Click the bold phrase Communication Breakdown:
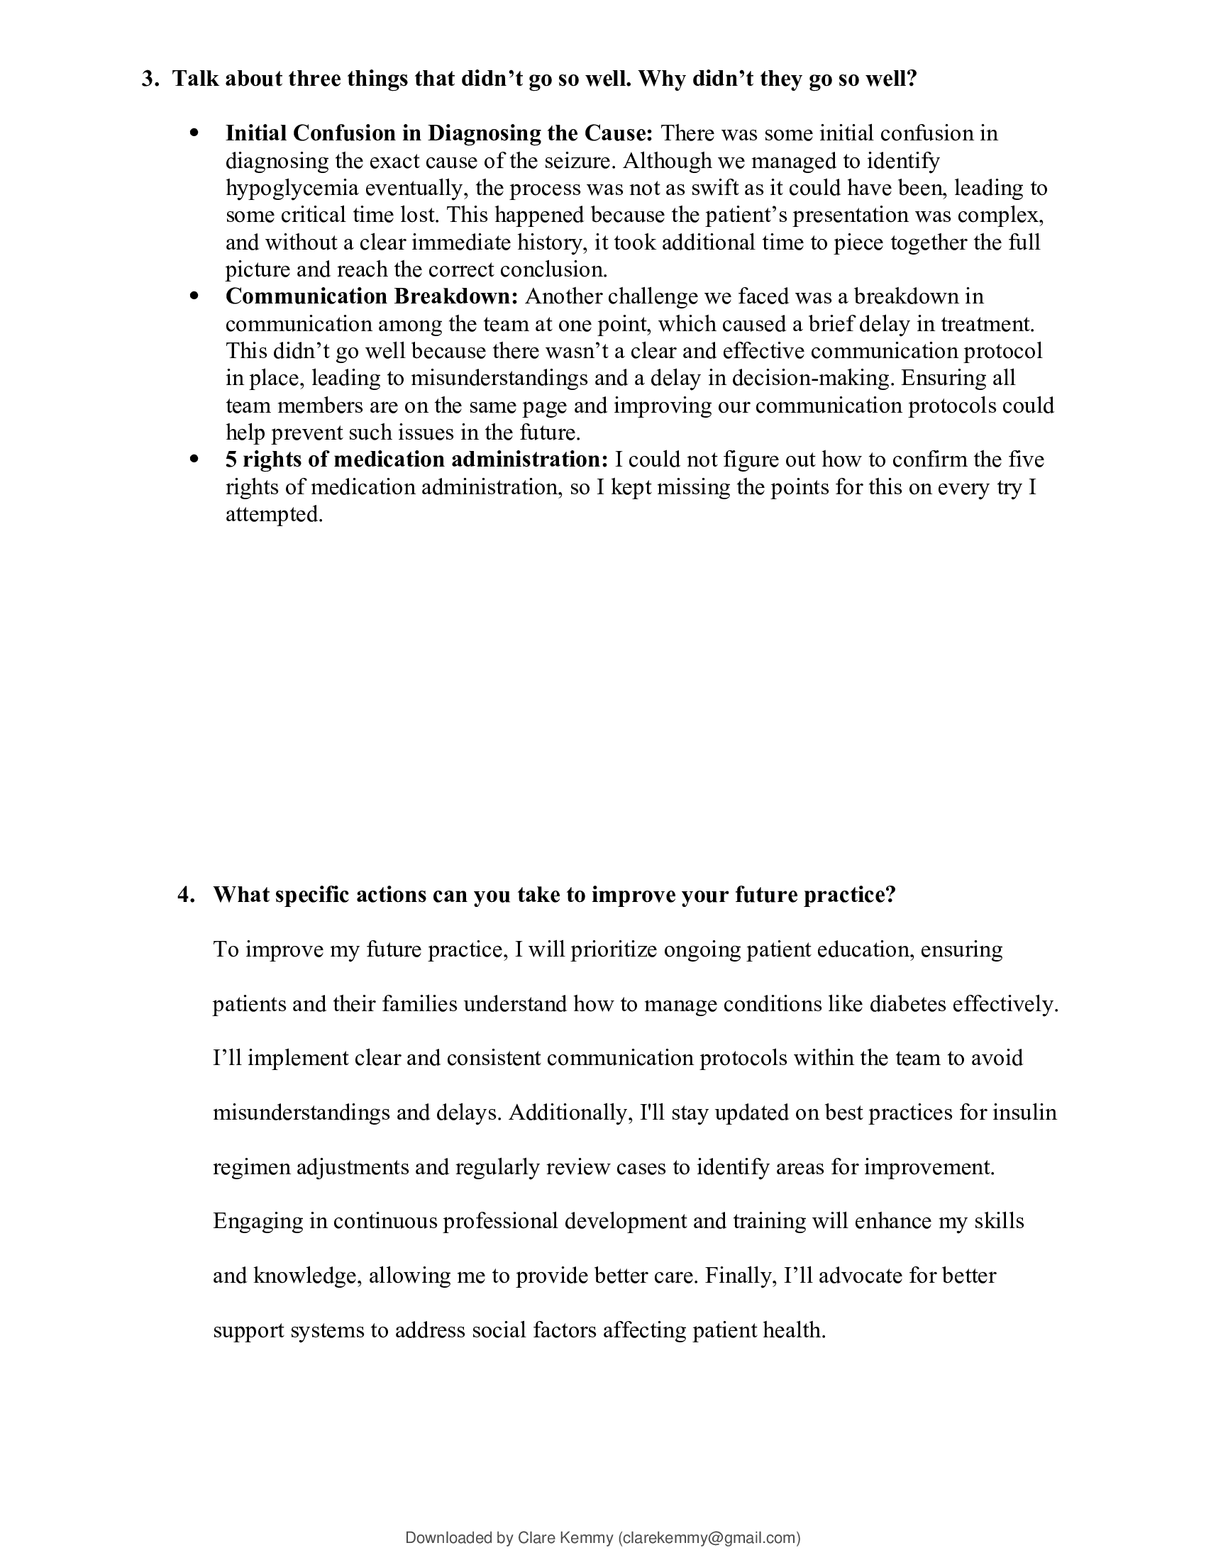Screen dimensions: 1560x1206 (x=372, y=296)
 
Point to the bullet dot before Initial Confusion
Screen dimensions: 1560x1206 (x=193, y=133)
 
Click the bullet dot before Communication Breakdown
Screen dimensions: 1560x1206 (x=193, y=296)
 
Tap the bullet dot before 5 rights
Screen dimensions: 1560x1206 (x=193, y=459)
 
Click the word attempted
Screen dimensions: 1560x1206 (x=275, y=514)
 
